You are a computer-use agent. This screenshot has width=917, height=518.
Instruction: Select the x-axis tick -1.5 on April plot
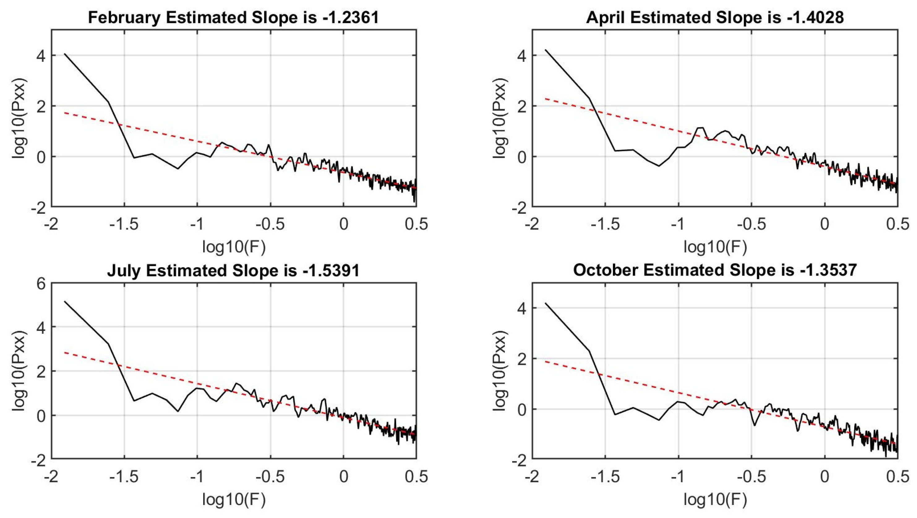[x=605, y=224]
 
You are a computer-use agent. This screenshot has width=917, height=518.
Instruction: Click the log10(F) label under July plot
[x=234, y=500]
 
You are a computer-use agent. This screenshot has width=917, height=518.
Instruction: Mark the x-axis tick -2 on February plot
[x=51, y=224]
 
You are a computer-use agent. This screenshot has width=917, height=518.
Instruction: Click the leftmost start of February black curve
[x=64, y=54]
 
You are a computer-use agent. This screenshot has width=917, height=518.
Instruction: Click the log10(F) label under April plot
[x=715, y=247]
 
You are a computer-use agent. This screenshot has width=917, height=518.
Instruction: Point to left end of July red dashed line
[x=64, y=353]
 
